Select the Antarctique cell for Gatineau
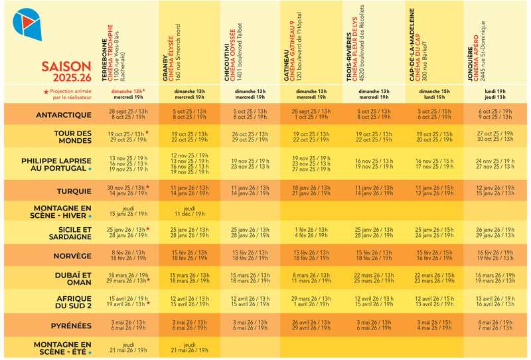(311, 114)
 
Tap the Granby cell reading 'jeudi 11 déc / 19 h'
(189, 212)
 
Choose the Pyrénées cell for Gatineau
(311, 326)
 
